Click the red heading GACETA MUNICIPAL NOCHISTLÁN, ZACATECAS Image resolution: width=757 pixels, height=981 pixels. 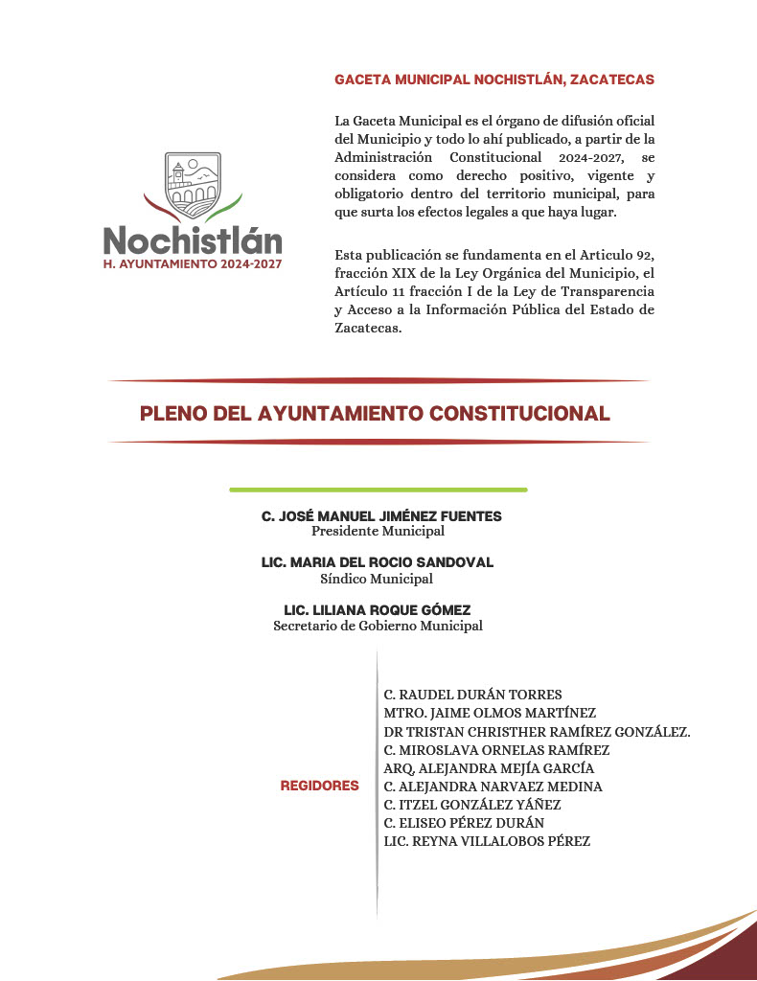494,80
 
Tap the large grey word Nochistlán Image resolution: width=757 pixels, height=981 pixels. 193,240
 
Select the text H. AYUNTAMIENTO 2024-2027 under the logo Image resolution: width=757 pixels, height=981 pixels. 193,263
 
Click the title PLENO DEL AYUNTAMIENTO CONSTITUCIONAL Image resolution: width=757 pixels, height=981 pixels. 375,414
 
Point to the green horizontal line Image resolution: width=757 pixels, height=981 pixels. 378,490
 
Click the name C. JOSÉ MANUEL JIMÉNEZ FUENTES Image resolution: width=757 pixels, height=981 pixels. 381,516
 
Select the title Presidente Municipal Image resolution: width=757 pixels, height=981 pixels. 378,531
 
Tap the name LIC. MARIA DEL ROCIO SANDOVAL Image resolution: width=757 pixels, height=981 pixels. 378,562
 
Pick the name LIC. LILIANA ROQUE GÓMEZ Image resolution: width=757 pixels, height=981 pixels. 378,610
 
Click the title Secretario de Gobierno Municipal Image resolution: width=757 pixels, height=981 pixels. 378,627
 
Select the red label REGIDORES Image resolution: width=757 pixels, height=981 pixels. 319,786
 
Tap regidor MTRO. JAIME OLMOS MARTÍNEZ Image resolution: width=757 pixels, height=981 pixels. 490,713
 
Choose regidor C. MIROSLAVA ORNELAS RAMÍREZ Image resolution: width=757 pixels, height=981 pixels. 496,750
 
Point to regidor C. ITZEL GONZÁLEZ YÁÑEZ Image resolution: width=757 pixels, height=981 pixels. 472,805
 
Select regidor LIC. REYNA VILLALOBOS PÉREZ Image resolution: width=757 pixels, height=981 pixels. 487,841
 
